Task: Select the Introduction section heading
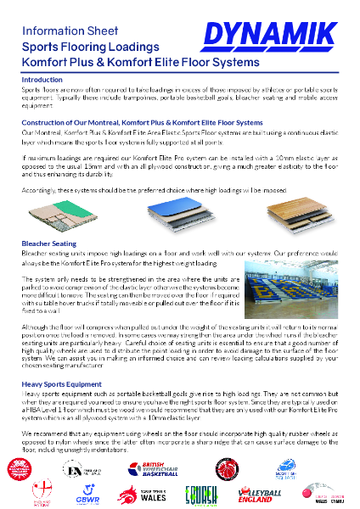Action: [x=42, y=79]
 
